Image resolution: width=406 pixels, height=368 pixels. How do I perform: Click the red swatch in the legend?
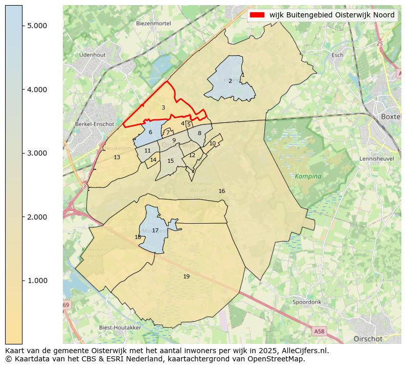[258, 15]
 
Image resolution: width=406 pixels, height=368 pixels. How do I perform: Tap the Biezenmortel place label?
[152, 24]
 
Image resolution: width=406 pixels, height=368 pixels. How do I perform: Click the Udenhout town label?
[92, 55]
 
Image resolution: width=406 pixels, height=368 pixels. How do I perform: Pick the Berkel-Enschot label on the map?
[94, 124]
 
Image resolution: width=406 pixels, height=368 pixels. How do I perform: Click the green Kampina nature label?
[308, 176]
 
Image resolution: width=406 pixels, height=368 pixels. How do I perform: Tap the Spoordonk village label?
[307, 302]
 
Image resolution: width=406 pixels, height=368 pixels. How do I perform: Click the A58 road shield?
[319, 332]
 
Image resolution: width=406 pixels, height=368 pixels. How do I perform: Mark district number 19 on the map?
[186, 276]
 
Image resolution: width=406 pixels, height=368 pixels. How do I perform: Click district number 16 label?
[221, 191]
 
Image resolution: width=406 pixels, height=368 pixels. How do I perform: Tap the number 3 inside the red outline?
[163, 107]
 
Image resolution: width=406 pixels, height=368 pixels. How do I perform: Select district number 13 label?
[117, 157]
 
